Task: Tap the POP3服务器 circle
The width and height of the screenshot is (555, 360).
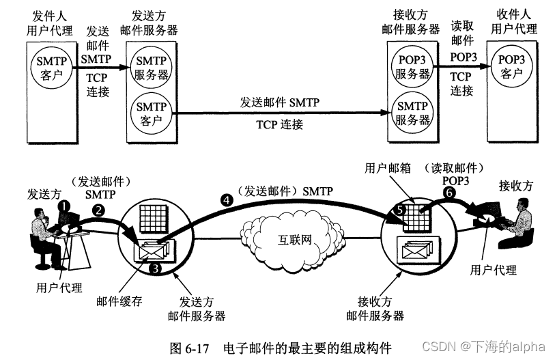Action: click(412, 67)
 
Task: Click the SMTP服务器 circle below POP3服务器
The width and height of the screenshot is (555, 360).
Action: click(412, 113)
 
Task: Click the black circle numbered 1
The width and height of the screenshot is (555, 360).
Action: click(63, 205)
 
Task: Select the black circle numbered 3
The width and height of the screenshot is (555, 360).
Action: click(156, 268)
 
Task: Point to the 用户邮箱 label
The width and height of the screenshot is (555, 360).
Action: click(388, 168)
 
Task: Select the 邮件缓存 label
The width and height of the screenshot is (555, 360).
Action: click(119, 301)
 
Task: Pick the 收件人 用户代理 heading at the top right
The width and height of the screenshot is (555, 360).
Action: click(511, 23)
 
